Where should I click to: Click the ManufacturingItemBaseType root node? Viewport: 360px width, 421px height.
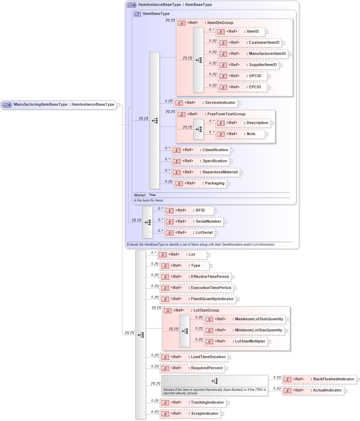click(x=58, y=105)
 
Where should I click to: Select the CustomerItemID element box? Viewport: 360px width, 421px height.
click(x=249, y=43)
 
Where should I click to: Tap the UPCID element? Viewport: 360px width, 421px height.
click(x=242, y=76)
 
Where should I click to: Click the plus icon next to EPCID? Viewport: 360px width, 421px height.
click(x=269, y=88)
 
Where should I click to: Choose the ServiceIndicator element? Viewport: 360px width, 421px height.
click(x=205, y=103)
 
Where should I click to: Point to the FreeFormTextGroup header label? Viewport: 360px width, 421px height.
click(x=226, y=114)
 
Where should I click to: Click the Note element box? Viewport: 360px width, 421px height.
click(x=240, y=134)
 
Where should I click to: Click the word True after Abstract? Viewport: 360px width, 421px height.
click(x=152, y=195)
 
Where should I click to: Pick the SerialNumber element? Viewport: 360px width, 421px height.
click(x=194, y=222)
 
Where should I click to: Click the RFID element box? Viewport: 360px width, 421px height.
click(x=189, y=210)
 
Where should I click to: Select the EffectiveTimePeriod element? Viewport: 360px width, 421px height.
click(x=195, y=277)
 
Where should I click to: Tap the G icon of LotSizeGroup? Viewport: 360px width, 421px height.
click(x=168, y=311)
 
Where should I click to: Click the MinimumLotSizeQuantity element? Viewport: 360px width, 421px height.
click(x=244, y=330)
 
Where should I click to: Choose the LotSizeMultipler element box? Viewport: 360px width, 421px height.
click(x=236, y=341)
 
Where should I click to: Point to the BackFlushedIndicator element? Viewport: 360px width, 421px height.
click(x=319, y=379)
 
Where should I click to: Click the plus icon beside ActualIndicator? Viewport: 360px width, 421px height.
click(x=346, y=391)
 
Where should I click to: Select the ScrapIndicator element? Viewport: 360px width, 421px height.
click(x=190, y=414)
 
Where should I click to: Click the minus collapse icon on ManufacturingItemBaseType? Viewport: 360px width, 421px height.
click(x=118, y=105)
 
